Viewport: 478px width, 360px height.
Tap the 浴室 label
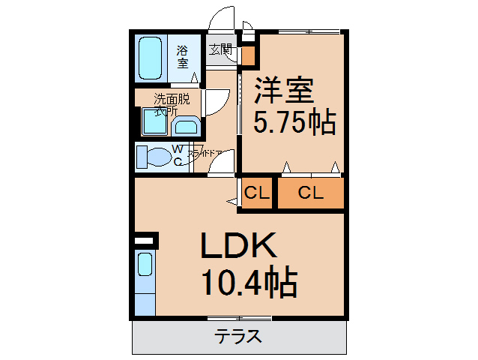pyautogui.click(x=183, y=57)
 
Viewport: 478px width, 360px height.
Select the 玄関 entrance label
pyautogui.click(x=221, y=50)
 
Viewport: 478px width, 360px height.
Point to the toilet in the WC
pyautogui.click(x=156, y=157)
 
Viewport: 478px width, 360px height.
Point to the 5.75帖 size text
pyautogui.click(x=293, y=121)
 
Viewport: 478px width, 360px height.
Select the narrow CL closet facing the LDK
pyautogui.click(x=256, y=193)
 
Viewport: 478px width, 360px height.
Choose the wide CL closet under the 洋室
pyautogui.click(x=310, y=193)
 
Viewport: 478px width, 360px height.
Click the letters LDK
pyautogui.click(x=239, y=245)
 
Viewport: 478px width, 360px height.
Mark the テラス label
pyautogui.click(x=238, y=336)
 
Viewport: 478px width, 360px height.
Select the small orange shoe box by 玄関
pyautogui.click(x=247, y=55)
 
